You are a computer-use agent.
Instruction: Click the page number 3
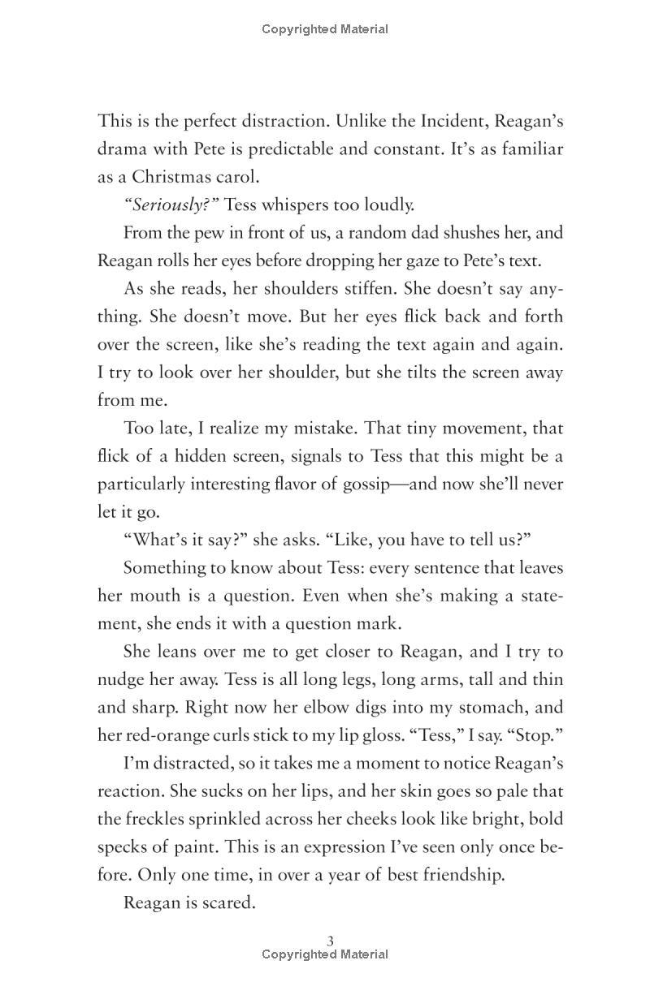pyautogui.click(x=330, y=941)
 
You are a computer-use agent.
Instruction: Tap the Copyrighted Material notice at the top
pyautogui.click(x=325, y=29)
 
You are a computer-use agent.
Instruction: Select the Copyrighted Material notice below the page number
pyautogui.click(x=325, y=955)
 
